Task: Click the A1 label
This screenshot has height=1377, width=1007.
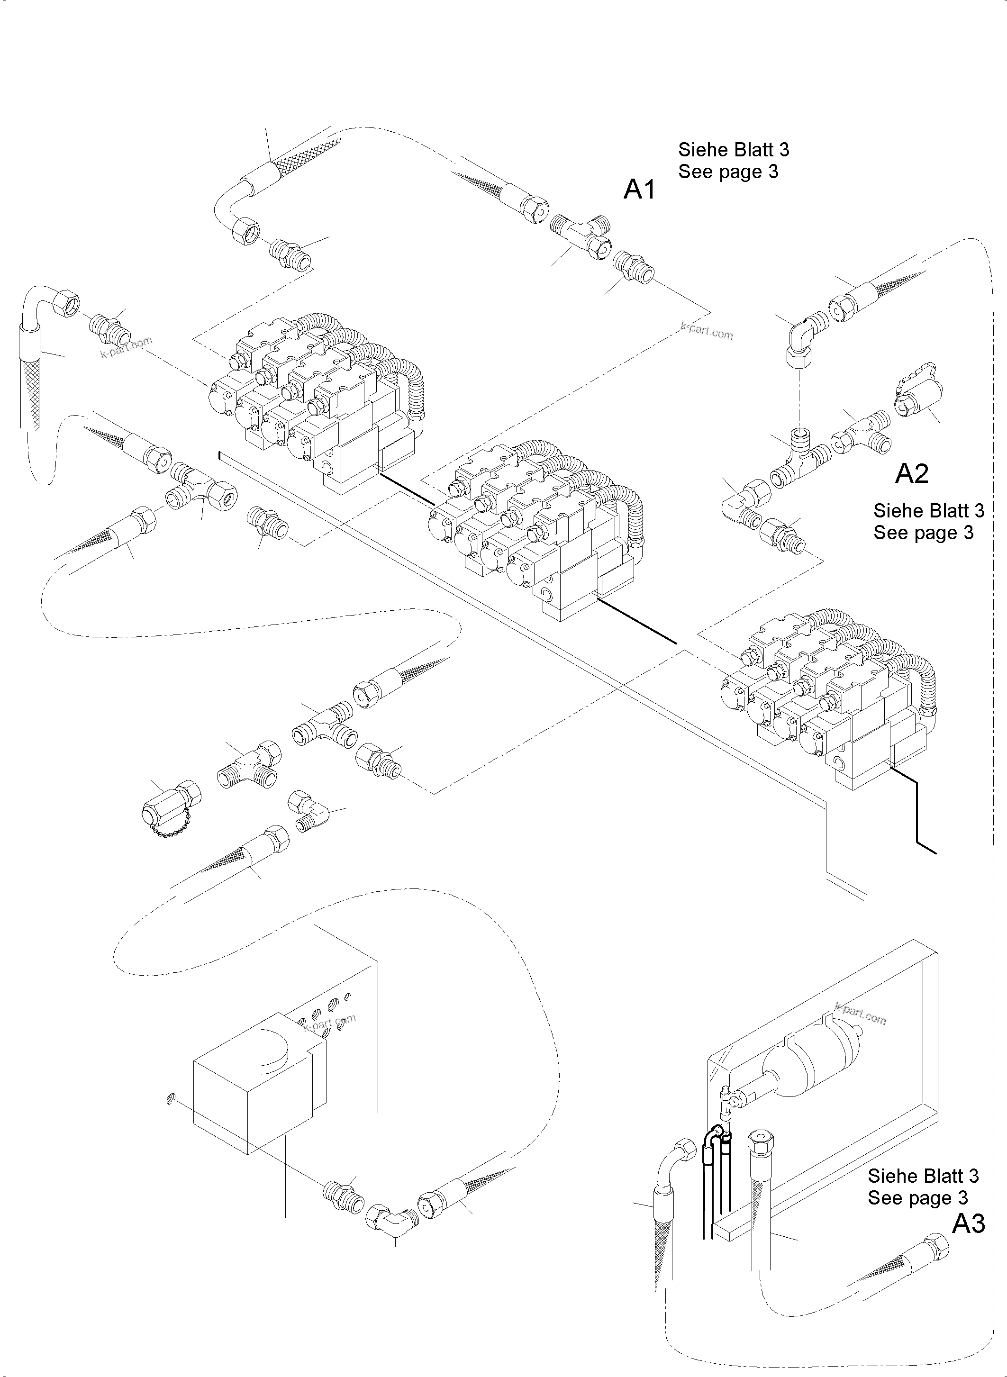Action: pyautogui.click(x=639, y=190)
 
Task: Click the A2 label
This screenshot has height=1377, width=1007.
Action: pyautogui.click(x=911, y=474)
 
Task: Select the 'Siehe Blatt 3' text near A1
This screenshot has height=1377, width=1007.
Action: pyautogui.click(x=733, y=149)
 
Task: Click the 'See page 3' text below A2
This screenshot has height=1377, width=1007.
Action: pyautogui.click(x=923, y=533)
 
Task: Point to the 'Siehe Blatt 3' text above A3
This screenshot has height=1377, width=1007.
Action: pyautogui.click(x=923, y=1175)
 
